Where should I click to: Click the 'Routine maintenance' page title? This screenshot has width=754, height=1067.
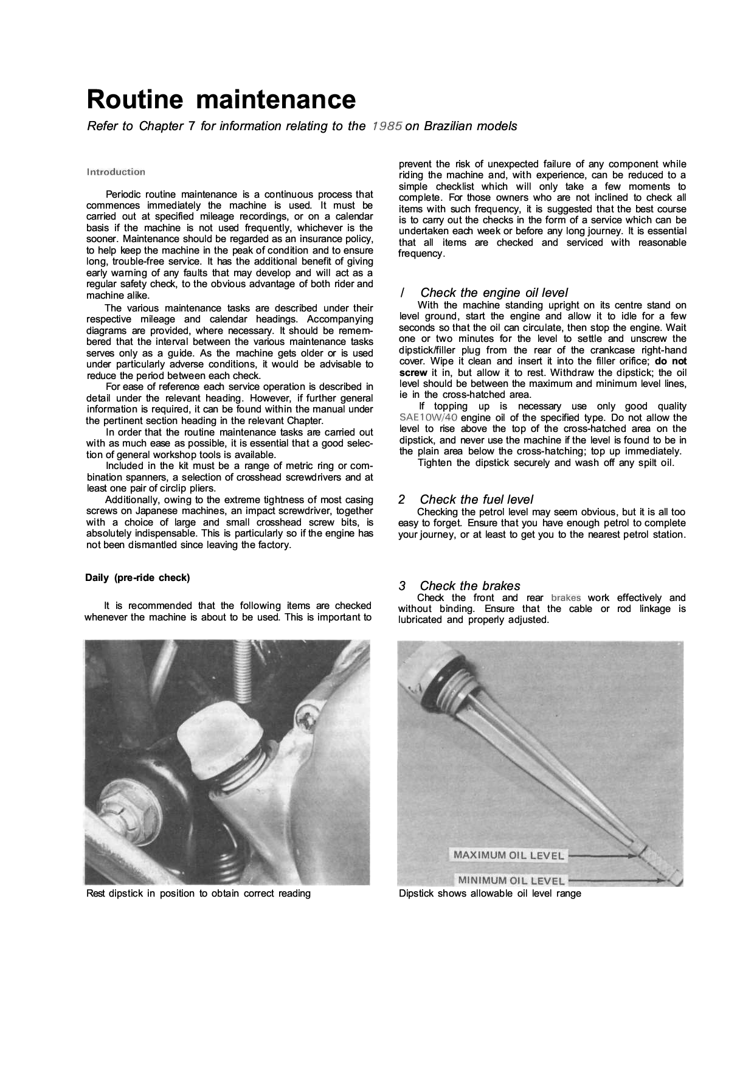[221, 99]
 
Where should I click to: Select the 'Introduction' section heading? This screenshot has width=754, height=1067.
[116, 172]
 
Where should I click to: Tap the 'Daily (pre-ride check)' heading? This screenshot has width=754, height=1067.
[137, 577]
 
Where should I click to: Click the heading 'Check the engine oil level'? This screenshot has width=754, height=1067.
[494, 293]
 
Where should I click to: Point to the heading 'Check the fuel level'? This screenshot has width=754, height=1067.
[476, 499]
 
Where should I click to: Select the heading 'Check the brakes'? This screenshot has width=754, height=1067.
[469, 586]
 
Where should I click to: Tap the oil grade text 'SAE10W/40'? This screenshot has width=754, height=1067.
[428, 418]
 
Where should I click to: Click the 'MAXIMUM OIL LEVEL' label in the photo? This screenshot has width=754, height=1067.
[508, 855]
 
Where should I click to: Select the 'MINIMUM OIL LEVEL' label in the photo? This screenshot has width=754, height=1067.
[511, 880]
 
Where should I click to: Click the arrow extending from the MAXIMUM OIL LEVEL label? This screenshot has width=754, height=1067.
[602, 855]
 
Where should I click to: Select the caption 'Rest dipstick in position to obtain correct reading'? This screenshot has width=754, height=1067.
[198, 894]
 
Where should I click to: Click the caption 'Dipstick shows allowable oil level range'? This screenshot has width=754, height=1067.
[489, 894]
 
